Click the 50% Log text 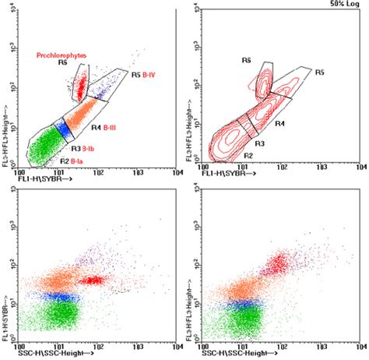click(x=343, y=5)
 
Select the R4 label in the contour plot click(x=279, y=124)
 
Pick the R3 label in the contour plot click(x=260, y=143)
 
